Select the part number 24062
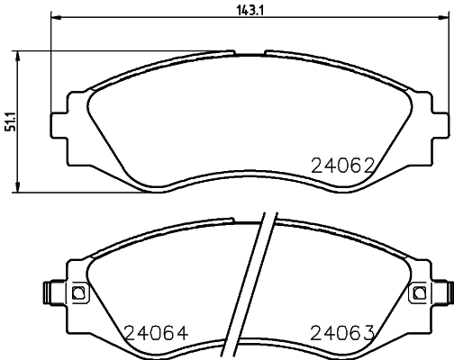coord(341,165)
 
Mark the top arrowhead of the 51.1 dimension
coord(21,54)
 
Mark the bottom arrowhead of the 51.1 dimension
coord(21,188)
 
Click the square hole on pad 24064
coord(77,292)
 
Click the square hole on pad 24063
coord(417,292)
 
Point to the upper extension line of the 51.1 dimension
coord(117,50)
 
